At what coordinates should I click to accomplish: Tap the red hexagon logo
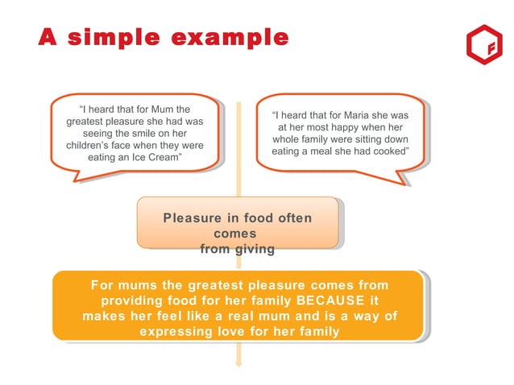point(483,48)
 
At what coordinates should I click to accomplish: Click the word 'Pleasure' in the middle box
point(193,218)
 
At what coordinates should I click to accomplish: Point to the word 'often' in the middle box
point(294,218)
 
